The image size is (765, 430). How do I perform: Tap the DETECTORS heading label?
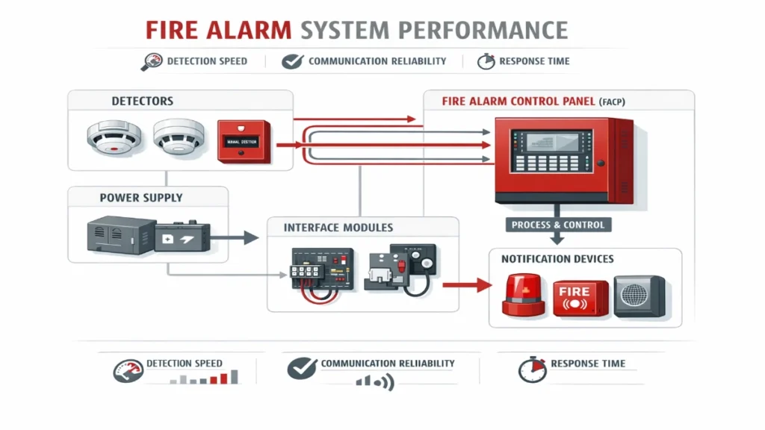pos(142,101)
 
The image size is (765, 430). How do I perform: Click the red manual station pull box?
pos(243,140)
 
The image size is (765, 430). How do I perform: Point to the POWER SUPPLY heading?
pos(141,198)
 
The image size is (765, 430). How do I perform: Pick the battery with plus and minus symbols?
pos(184,237)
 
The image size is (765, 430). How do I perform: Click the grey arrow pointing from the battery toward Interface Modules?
pos(235,238)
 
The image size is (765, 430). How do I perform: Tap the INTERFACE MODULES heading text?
pos(338,227)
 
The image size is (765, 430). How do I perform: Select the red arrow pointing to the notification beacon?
pos(466,284)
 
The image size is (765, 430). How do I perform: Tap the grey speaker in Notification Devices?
pos(639,296)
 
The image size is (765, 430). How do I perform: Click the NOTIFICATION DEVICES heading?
pos(557,259)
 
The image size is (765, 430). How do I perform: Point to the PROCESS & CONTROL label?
pos(558,224)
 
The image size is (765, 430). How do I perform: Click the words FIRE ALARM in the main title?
pos(218,29)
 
